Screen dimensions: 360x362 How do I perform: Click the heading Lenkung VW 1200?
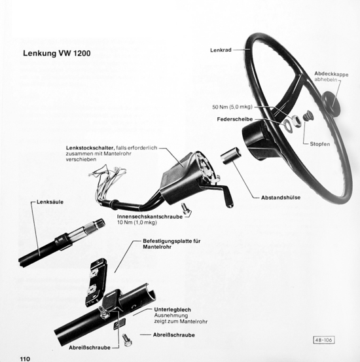point(56,53)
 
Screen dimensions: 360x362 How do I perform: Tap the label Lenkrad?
point(221,50)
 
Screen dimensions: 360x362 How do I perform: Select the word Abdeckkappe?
point(331,75)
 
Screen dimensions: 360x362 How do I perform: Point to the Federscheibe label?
point(235,119)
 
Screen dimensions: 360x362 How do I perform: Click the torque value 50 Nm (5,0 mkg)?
point(232,107)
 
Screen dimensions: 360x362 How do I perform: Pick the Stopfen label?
point(320,144)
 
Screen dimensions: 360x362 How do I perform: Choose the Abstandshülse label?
point(281,198)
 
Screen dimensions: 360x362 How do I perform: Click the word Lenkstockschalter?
point(90,148)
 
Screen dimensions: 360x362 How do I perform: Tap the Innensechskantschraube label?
point(150,217)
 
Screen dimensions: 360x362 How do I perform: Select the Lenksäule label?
point(50,202)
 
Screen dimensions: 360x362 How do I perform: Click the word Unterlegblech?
point(173,310)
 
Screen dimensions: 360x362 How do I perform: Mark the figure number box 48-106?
point(324,340)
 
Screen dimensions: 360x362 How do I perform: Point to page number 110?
point(25,359)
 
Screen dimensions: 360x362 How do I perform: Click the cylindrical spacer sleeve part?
point(230,156)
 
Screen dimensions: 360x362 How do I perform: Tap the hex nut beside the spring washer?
point(296,120)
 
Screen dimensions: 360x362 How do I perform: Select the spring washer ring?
point(287,124)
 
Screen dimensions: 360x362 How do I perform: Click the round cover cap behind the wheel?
point(331,103)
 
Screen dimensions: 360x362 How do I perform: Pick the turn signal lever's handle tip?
point(229,204)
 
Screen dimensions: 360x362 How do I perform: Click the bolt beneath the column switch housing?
point(185,209)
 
